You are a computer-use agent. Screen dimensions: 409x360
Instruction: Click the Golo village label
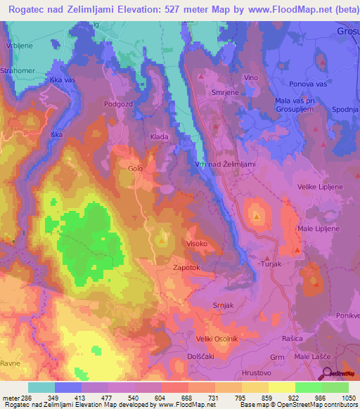click(135, 169)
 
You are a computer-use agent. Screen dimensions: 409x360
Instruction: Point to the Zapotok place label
click(188, 268)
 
